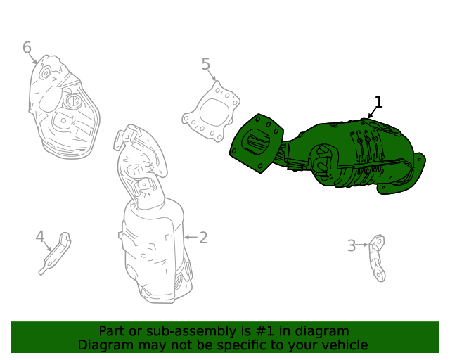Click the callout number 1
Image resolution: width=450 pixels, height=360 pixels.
[x=378, y=103]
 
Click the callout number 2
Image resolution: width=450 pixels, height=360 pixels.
[x=203, y=238]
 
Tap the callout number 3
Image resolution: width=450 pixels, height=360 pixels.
[x=351, y=245]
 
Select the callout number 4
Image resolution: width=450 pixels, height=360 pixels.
[x=40, y=237]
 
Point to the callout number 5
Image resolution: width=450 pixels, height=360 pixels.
[x=206, y=65]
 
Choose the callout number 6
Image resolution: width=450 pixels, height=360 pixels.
[x=27, y=48]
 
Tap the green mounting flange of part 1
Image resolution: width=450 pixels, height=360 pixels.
[x=257, y=143]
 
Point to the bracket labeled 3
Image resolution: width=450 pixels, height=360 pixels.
[x=378, y=257]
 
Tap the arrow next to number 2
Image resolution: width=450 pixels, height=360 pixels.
[x=189, y=238]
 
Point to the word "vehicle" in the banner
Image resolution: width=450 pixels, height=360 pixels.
[x=343, y=345]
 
